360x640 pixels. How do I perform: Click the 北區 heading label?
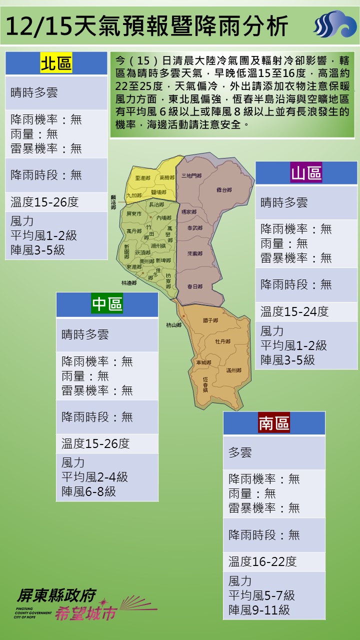56,63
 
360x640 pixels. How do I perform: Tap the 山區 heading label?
306,173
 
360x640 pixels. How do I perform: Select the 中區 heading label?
107,304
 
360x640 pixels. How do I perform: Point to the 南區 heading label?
274,423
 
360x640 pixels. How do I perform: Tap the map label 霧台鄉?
224,190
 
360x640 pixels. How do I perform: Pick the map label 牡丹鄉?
222,341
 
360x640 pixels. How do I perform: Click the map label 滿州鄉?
233,370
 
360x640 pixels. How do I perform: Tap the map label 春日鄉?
194,286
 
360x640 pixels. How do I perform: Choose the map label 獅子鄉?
210,320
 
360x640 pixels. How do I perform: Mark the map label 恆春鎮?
205,384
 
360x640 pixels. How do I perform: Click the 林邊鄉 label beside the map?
128,282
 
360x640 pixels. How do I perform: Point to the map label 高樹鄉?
166,177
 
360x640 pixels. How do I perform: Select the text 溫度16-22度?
262,561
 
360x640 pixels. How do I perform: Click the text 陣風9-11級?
259,610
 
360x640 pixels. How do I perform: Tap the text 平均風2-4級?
94,477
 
